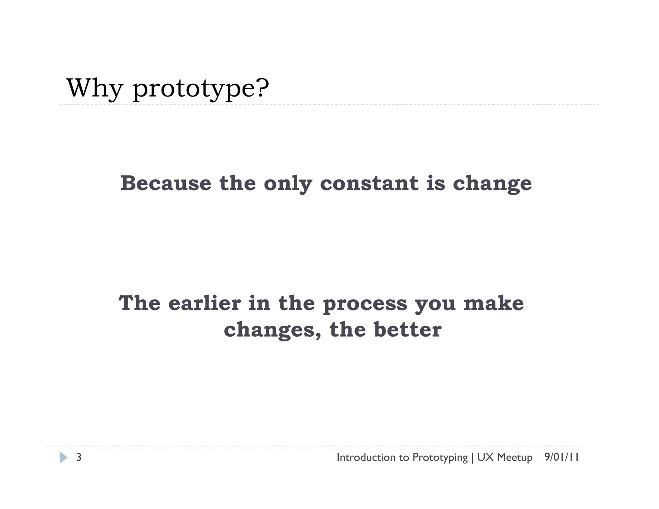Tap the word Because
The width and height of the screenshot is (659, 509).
tap(166, 183)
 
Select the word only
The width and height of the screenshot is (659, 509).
tap(288, 184)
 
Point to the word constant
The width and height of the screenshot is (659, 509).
tap(369, 183)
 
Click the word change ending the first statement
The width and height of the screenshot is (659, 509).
tap(492, 184)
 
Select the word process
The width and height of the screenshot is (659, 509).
tap(365, 305)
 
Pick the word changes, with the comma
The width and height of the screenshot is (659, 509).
tap(272, 331)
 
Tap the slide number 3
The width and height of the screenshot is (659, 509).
tap(79, 457)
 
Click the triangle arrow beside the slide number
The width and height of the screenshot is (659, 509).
tap(63, 458)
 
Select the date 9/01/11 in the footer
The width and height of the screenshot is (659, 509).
tap(562, 457)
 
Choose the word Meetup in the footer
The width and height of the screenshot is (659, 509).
tap(515, 458)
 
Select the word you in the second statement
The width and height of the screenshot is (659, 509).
tap(435, 305)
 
